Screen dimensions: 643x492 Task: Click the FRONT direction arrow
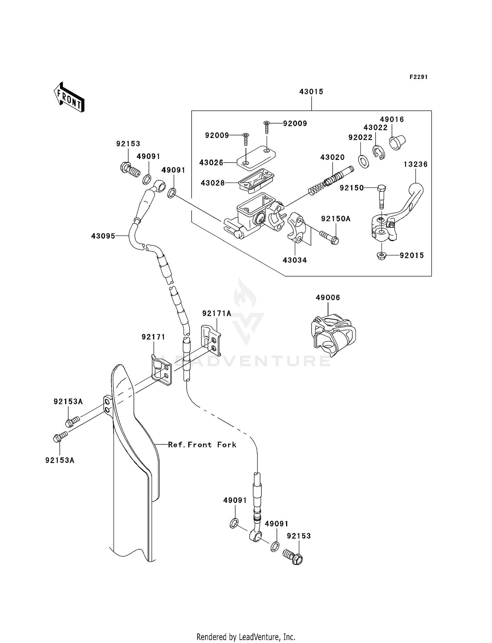point(69,97)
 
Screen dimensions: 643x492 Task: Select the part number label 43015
point(311,92)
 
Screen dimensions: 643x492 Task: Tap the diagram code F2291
point(418,77)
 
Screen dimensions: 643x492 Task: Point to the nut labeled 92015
point(381,255)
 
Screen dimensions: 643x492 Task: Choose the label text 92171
point(154,337)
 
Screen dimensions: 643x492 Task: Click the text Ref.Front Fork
point(202,445)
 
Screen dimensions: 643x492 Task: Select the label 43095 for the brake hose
point(103,236)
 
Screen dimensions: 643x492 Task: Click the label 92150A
point(336,219)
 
